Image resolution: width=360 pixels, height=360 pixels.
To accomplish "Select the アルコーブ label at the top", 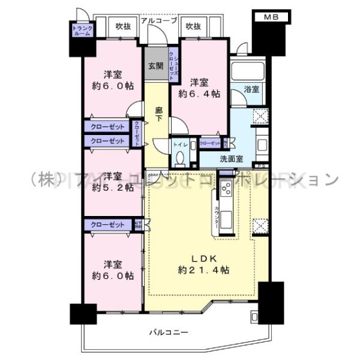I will (159, 20).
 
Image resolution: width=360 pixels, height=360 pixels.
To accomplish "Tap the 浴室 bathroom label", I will (252, 90).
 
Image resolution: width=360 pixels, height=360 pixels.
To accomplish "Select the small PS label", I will (260, 166).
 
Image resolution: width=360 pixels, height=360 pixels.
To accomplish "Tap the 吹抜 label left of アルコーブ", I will (123, 26).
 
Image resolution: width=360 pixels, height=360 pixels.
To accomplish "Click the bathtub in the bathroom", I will (246, 72).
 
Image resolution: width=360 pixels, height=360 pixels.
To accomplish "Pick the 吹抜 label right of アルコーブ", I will (193, 26).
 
